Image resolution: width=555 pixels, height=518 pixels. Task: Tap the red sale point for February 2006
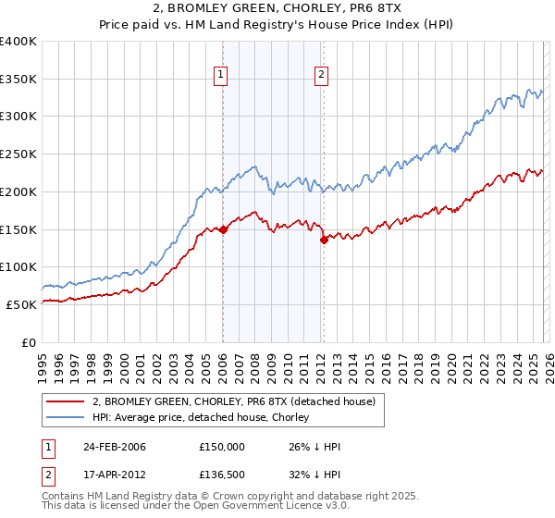click(223, 230)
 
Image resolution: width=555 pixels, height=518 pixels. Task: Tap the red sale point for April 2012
click(323, 240)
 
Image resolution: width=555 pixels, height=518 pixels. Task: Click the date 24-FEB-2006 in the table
click(115, 447)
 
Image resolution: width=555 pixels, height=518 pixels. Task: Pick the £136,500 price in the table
click(222, 476)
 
